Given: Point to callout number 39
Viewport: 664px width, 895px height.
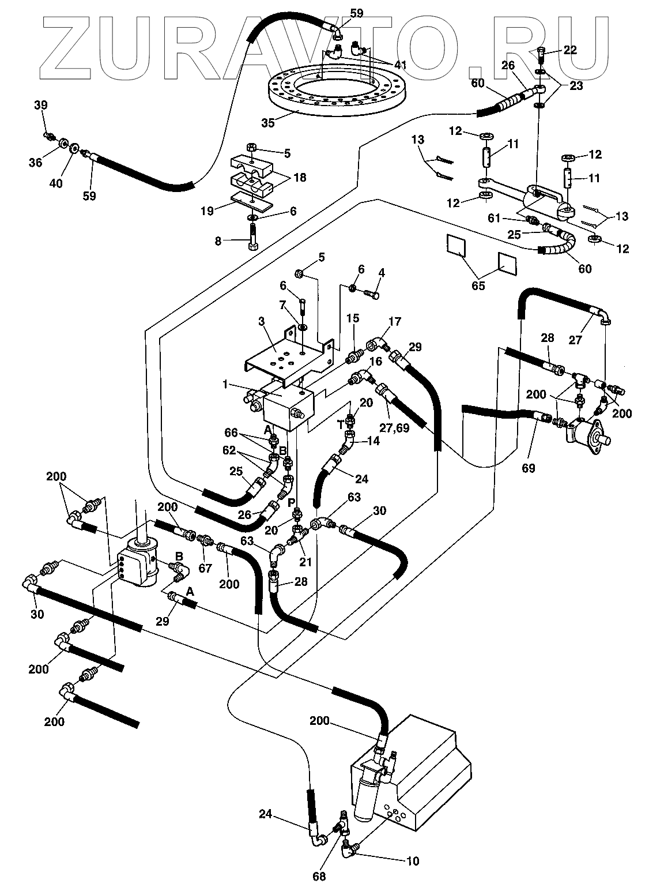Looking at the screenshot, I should [40, 105].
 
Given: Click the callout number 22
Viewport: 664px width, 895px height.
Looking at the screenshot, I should [570, 50].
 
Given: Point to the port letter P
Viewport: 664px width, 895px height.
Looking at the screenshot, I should [292, 502].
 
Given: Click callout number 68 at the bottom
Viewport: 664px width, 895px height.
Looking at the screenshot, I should [319, 877].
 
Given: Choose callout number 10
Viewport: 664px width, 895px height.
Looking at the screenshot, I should [412, 862].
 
